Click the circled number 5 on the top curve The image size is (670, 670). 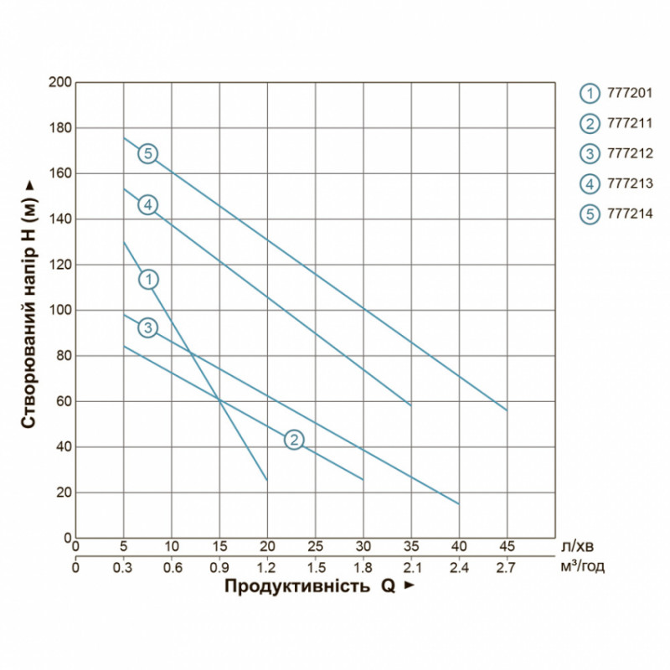(x=147, y=153)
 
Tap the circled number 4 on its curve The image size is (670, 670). (x=147, y=205)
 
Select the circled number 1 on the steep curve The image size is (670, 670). (x=147, y=279)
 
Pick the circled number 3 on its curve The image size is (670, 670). (x=147, y=327)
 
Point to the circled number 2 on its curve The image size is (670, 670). (x=293, y=439)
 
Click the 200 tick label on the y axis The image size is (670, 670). (x=61, y=82)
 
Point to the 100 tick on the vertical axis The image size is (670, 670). (x=61, y=311)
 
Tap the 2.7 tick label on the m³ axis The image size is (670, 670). (x=508, y=567)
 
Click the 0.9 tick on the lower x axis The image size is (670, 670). (x=219, y=567)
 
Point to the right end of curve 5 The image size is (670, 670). (x=507, y=410)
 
